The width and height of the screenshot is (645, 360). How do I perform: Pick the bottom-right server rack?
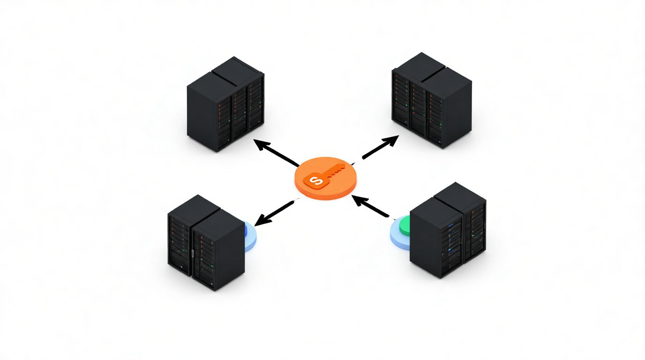(x=448, y=232)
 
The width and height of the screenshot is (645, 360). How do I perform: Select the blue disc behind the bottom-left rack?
(x=251, y=237)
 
